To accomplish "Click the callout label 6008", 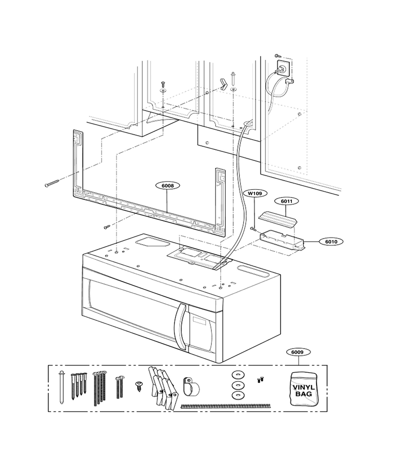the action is [168, 185].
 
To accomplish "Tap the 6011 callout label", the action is [286, 201].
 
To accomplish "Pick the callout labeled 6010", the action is [331, 242].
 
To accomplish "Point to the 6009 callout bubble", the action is [297, 352].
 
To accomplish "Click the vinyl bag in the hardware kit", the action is [304, 388].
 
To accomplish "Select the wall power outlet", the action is [283, 68].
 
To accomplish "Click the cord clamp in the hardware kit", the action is [191, 387].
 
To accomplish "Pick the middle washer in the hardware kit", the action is [238, 385].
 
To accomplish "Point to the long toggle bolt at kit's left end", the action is [61, 387].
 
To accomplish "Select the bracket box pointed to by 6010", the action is [282, 240].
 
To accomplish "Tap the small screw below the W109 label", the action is [254, 230].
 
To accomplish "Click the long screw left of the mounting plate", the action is [52, 183].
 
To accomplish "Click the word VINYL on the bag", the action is [304, 387].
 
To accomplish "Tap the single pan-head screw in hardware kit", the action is [139, 386].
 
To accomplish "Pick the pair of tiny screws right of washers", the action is [260, 379].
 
